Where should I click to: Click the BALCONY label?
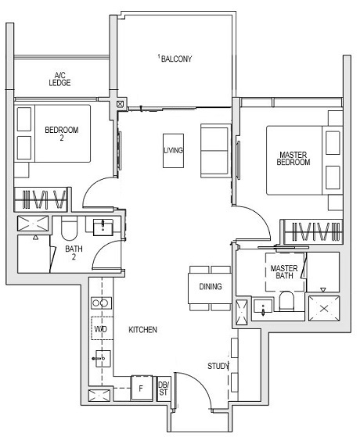point(176,59)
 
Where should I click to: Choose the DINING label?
point(210,287)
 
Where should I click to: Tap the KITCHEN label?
point(143,331)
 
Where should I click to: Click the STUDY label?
point(218,366)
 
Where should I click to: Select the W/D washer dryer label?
point(101,329)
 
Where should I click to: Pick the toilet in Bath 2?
point(68,229)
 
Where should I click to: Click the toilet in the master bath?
point(286,300)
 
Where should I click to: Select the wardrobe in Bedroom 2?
point(44,200)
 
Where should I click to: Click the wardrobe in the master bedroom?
point(313,233)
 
